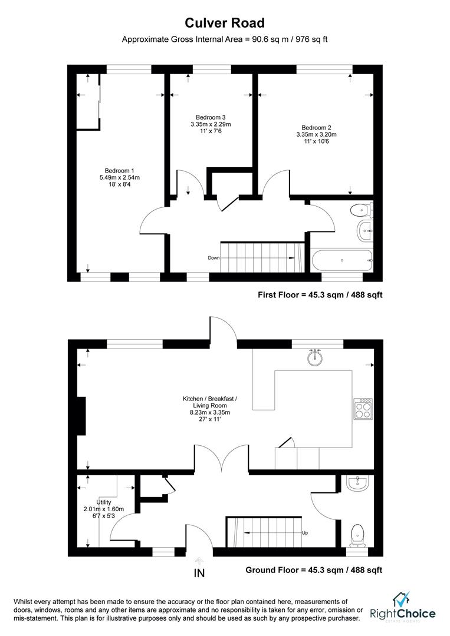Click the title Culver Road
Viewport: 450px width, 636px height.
(225, 23)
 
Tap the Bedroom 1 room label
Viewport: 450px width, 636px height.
(119, 171)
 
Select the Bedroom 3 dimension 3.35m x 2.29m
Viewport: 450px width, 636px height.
(211, 124)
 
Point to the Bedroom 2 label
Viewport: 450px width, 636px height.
(316, 128)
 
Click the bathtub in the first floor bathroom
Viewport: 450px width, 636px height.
(342, 260)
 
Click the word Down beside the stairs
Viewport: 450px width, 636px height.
(213, 258)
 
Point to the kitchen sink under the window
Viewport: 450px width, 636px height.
(315, 357)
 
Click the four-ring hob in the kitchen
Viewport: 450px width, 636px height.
(363, 409)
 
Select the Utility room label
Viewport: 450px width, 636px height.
(104, 502)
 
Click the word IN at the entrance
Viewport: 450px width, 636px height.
(199, 573)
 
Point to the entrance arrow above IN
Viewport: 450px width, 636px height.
(199, 561)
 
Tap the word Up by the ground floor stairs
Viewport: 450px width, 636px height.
(305, 533)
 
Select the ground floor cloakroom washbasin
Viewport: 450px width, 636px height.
(357, 483)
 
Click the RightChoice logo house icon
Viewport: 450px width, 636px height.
(402, 599)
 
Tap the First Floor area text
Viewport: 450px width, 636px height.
(320, 295)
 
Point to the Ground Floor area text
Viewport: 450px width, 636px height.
(314, 570)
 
